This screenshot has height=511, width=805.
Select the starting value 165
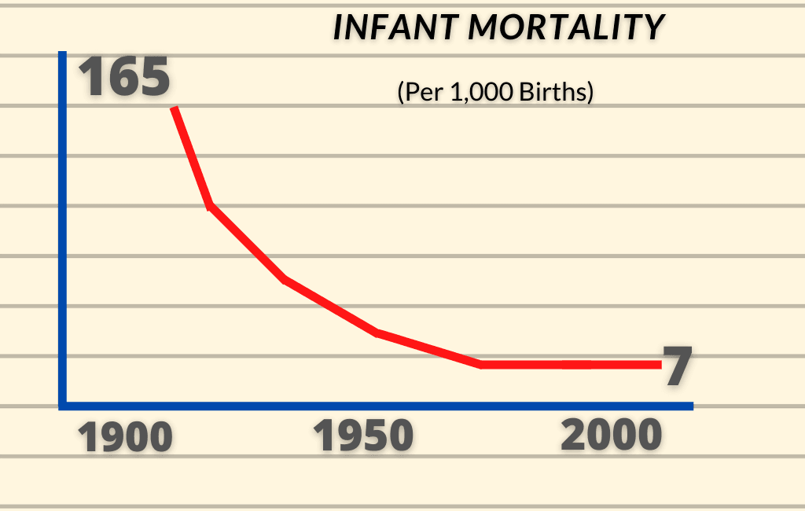point(124,77)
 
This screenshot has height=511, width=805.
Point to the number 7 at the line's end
point(676,366)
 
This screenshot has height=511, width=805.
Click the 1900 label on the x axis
point(126,437)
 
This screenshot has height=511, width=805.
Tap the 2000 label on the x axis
point(612,436)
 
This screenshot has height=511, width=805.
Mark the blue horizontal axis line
point(377,406)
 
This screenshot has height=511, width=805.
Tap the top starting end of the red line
point(175,108)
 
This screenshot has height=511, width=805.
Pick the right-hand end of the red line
point(659,364)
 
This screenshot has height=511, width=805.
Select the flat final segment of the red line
point(570,364)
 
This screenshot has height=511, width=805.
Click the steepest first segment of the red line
point(192,157)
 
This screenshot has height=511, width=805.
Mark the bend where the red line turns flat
point(480,364)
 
